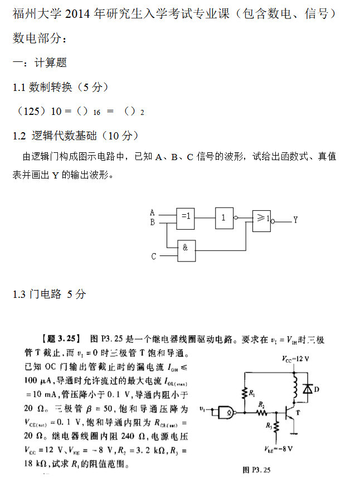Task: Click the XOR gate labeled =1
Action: tap(186, 216)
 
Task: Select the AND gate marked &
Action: tap(186, 252)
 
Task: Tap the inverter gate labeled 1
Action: tap(225, 218)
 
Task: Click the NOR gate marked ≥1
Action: tap(261, 220)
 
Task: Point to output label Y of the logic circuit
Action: tap(295, 220)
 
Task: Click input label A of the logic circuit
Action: tap(152, 212)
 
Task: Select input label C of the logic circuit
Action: tap(154, 257)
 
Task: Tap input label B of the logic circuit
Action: tap(152, 221)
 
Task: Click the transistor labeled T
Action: tap(290, 413)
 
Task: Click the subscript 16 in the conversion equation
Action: tap(96, 113)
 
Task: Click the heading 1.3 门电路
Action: tap(49, 294)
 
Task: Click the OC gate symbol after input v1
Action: tap(226, 413)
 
